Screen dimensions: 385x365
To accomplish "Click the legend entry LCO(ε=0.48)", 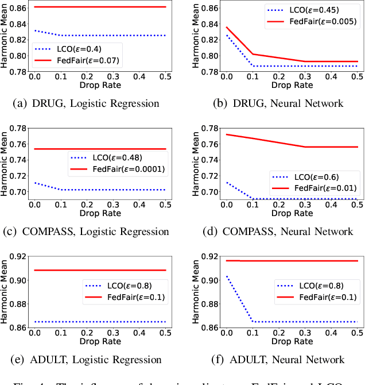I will point(114,157).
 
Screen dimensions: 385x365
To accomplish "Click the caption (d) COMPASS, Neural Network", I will point(278,232).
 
